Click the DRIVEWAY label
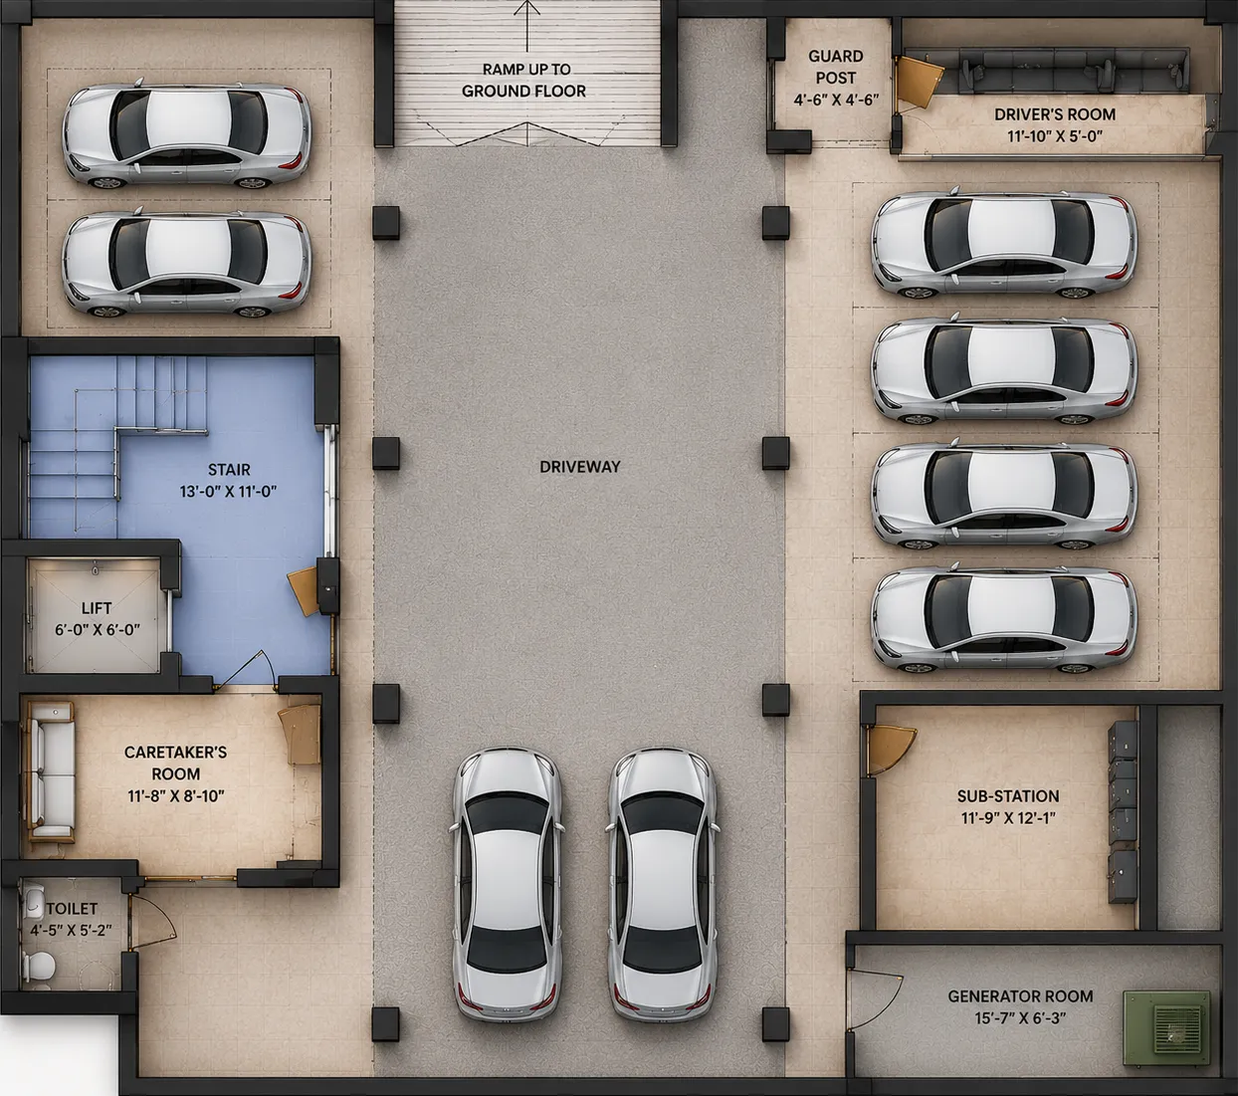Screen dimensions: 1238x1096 point(579,467)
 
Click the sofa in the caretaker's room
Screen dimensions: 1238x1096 point(50,772)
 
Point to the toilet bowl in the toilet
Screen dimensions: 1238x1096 point(39,966)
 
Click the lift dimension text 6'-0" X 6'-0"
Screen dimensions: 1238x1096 point(98,629)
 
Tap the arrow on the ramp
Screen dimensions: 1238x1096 point(526,26)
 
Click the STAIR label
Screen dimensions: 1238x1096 point(229,470)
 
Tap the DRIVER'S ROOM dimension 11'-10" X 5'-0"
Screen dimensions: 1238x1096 point(1055,136)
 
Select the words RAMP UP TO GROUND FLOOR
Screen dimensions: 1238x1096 point(524,80)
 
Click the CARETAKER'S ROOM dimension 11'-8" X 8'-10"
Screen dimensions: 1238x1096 point(176,795)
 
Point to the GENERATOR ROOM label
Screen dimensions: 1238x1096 point(1020,996)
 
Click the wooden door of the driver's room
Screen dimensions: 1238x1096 point(918,82)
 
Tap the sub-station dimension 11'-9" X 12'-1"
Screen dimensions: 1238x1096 point(1008,818)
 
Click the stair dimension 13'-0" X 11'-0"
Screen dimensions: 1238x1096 point(229,492)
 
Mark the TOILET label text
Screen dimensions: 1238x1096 point(72,908)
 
